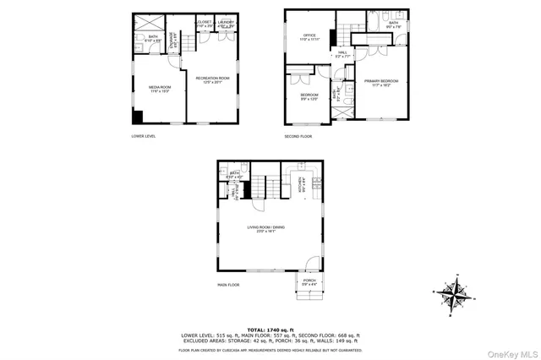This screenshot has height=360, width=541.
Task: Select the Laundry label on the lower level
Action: pyautogui.click(x=226, y=23)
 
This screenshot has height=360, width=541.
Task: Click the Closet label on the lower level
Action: pyautogui.click(x=204, y=23)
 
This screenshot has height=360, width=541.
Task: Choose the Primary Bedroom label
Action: pyautogui.click(x=381, y=81)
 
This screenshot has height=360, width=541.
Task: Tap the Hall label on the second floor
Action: pyautogui.click(x=342, y=54)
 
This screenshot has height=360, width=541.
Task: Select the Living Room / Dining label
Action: pyautogui.click(x=261, y=228)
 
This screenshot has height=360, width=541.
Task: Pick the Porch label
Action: pyautogui.click(x=309, y=281)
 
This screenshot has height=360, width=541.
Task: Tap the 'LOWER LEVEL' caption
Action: pyautogui.click(x=144, y=135)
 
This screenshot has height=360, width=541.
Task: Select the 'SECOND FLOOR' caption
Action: pyautogui.click(x=298, y=135)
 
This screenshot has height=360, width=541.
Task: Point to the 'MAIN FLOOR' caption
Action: pyautogui.click(x=228, y=285)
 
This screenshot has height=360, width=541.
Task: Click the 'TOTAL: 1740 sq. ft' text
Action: pyautogui.click(x=270, y=329)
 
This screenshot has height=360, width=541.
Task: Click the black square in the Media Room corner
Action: pyautogui.click(x=138, y=117)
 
